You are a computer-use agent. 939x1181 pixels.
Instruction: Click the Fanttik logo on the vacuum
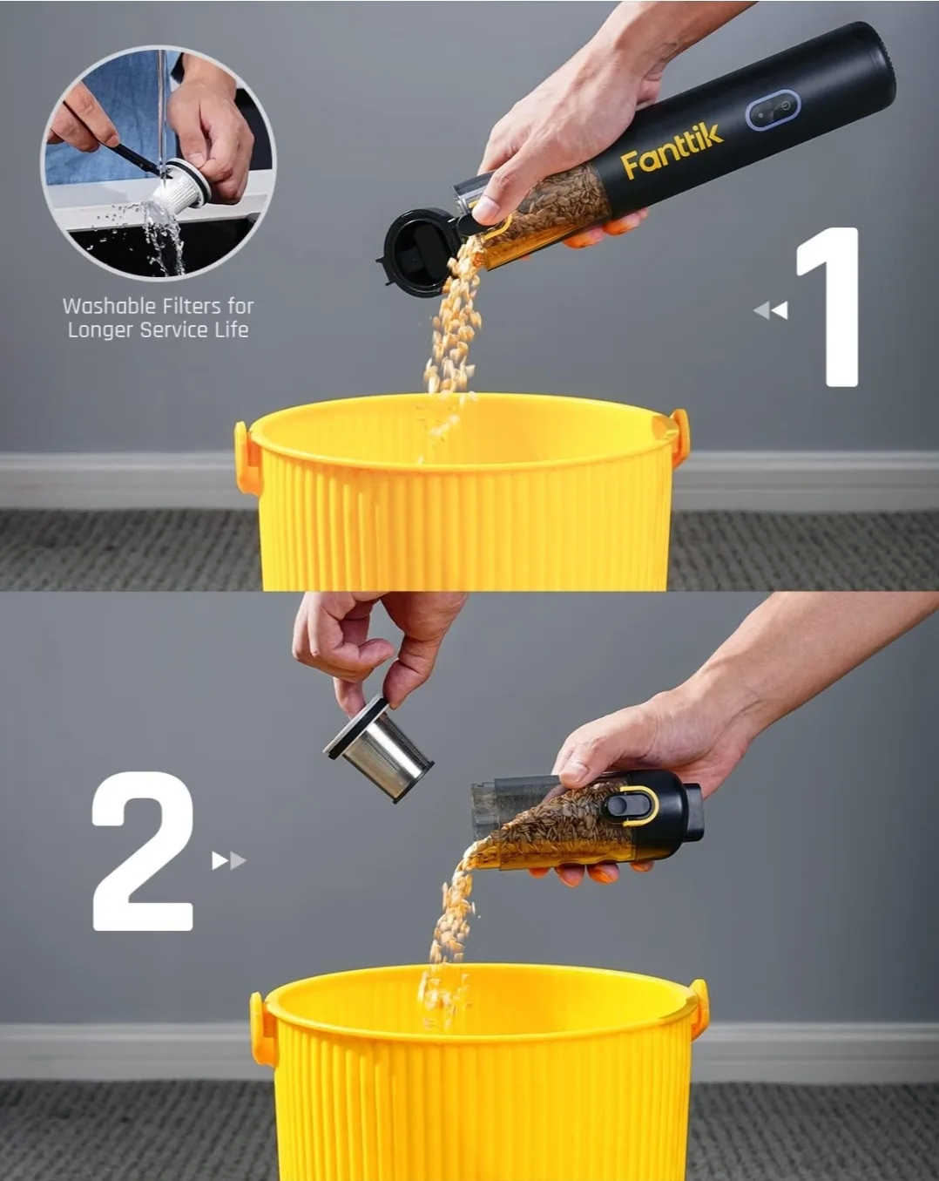pyautogui.click(x=671, y=151)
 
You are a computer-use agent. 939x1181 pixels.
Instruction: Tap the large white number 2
pyautogui.click(x=144, y=852)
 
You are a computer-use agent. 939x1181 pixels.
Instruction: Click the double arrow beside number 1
pyautogui.click(x=770, y=310)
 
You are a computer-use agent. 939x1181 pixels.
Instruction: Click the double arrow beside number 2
pyautogui.click(x=228, y=861)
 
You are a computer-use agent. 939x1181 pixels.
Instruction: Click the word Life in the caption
pyautogui.click(x=232, y=329)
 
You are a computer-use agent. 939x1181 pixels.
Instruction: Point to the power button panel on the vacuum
pyautogui.click(x=772, y=110)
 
